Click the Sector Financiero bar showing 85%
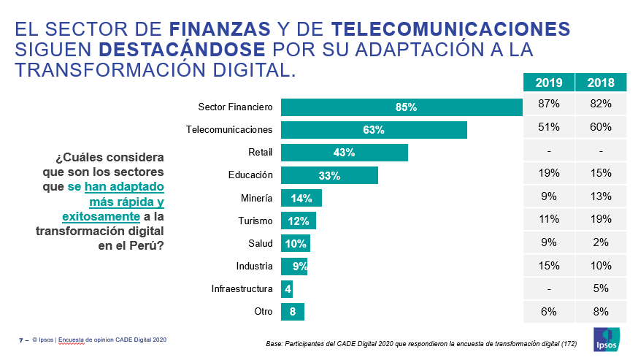pos(401,107)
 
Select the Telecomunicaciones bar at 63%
pos(374,130)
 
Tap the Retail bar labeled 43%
pos(344,153)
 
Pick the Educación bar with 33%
pos(329,175)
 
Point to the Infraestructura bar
pos(287,288)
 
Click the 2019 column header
pos(549,83)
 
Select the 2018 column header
pos(600,83)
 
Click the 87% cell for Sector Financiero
pos(549,104)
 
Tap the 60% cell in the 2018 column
pos(600,127)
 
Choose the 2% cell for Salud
pos(600,242)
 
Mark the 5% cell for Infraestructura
pos(600,288)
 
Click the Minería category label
pos(256,198)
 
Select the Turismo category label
pos(255,221)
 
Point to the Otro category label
pos(263,312)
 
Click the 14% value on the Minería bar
pos(301,198)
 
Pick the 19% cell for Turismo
pos(600,219)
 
